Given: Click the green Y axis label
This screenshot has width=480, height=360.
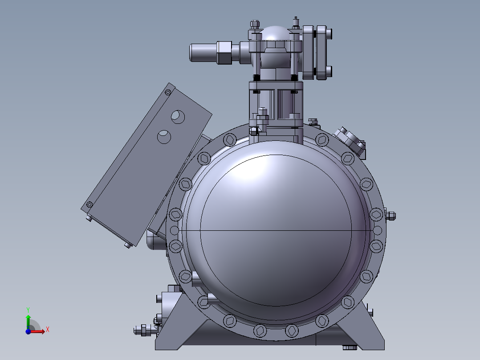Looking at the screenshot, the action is click(28, 310).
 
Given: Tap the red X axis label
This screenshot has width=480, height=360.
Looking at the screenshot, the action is click(48, 330).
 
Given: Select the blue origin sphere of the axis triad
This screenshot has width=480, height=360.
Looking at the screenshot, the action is click(28, 331).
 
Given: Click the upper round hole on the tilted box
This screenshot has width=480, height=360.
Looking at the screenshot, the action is click(178, 117).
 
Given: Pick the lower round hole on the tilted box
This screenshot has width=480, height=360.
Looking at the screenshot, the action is click(164, 137).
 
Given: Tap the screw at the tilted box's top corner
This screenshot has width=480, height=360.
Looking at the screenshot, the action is click(168, 92).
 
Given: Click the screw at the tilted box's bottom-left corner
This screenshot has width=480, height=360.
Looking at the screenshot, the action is click(89, 205).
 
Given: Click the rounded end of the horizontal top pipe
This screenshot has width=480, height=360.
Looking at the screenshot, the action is click(192, 53).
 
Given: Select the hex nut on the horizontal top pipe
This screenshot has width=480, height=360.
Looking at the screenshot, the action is click(224, 53).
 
